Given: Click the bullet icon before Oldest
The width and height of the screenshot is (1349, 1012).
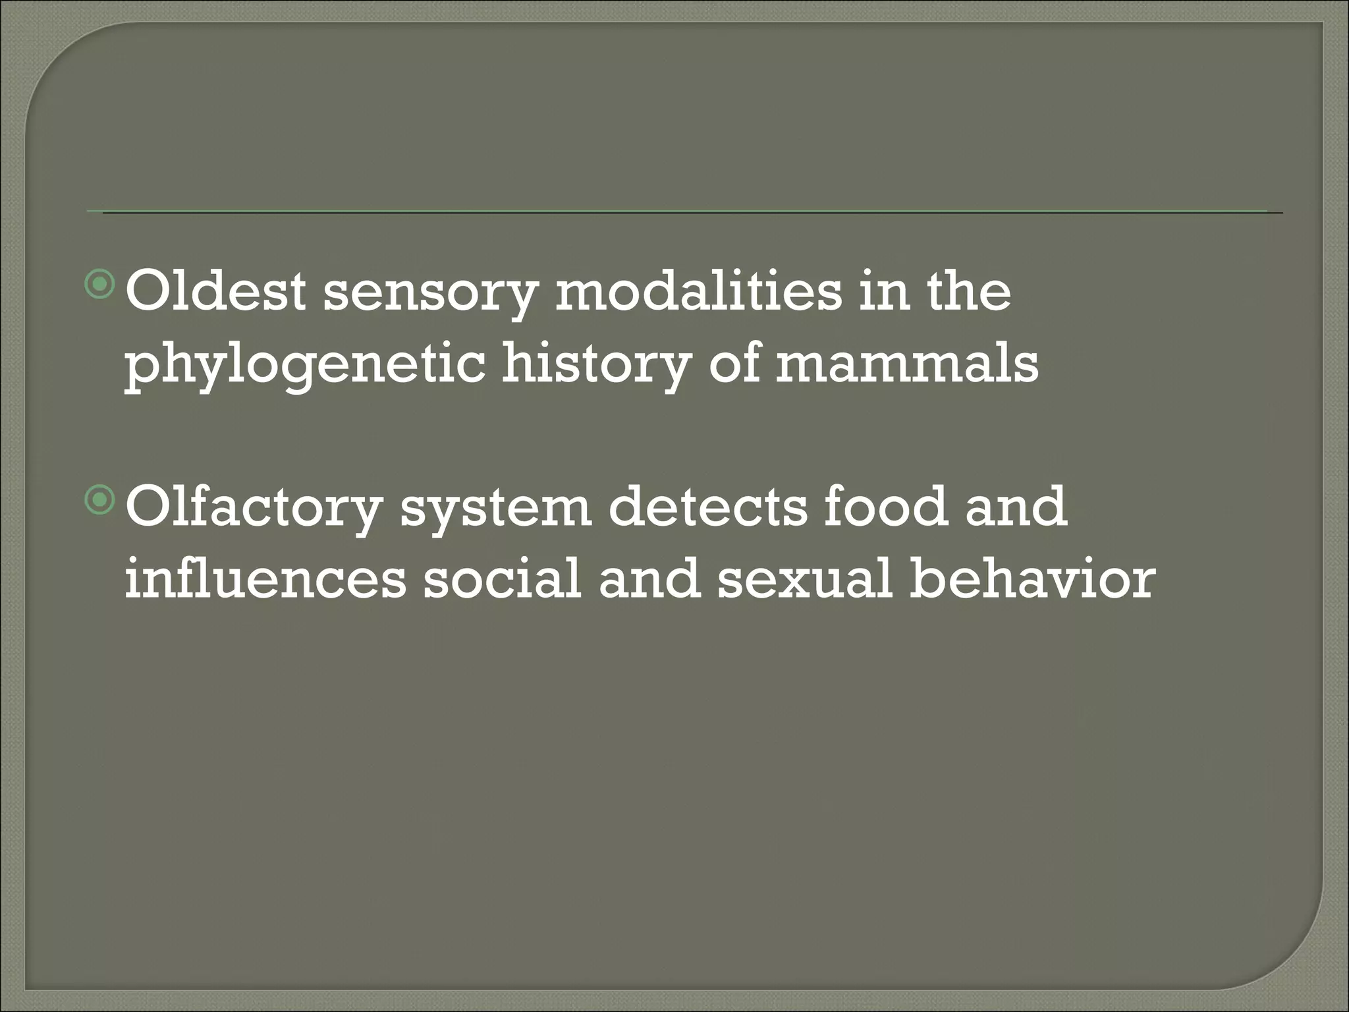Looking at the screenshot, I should point(100,285).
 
